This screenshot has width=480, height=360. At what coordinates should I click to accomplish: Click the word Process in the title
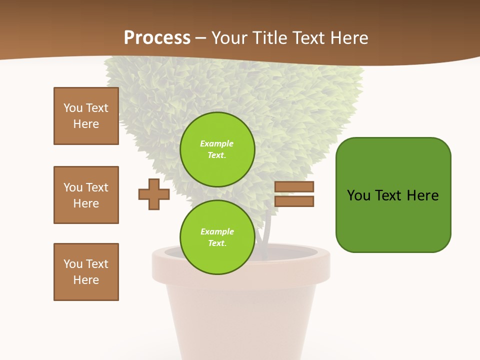[157, 38]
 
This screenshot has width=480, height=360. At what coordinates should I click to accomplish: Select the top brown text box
[86, 116]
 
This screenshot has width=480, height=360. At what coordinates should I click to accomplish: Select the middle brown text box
[86, 195]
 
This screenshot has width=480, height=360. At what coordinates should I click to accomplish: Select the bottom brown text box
[86, 272]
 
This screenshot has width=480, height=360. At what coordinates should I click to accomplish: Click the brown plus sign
[154, 194]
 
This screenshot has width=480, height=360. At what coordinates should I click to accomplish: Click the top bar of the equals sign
[294, 186]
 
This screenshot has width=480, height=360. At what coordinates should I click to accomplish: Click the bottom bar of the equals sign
[294, 201]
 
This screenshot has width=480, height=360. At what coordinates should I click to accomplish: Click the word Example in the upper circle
[216, 143]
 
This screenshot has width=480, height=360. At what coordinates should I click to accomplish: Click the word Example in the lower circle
[217, 231]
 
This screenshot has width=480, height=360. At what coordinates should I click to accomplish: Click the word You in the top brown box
[73, 108]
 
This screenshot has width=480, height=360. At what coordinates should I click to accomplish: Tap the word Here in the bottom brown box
[86, 280]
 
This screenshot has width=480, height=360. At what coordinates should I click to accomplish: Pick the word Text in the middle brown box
[96, 187]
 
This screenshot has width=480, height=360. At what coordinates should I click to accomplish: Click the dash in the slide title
[201, 38]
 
